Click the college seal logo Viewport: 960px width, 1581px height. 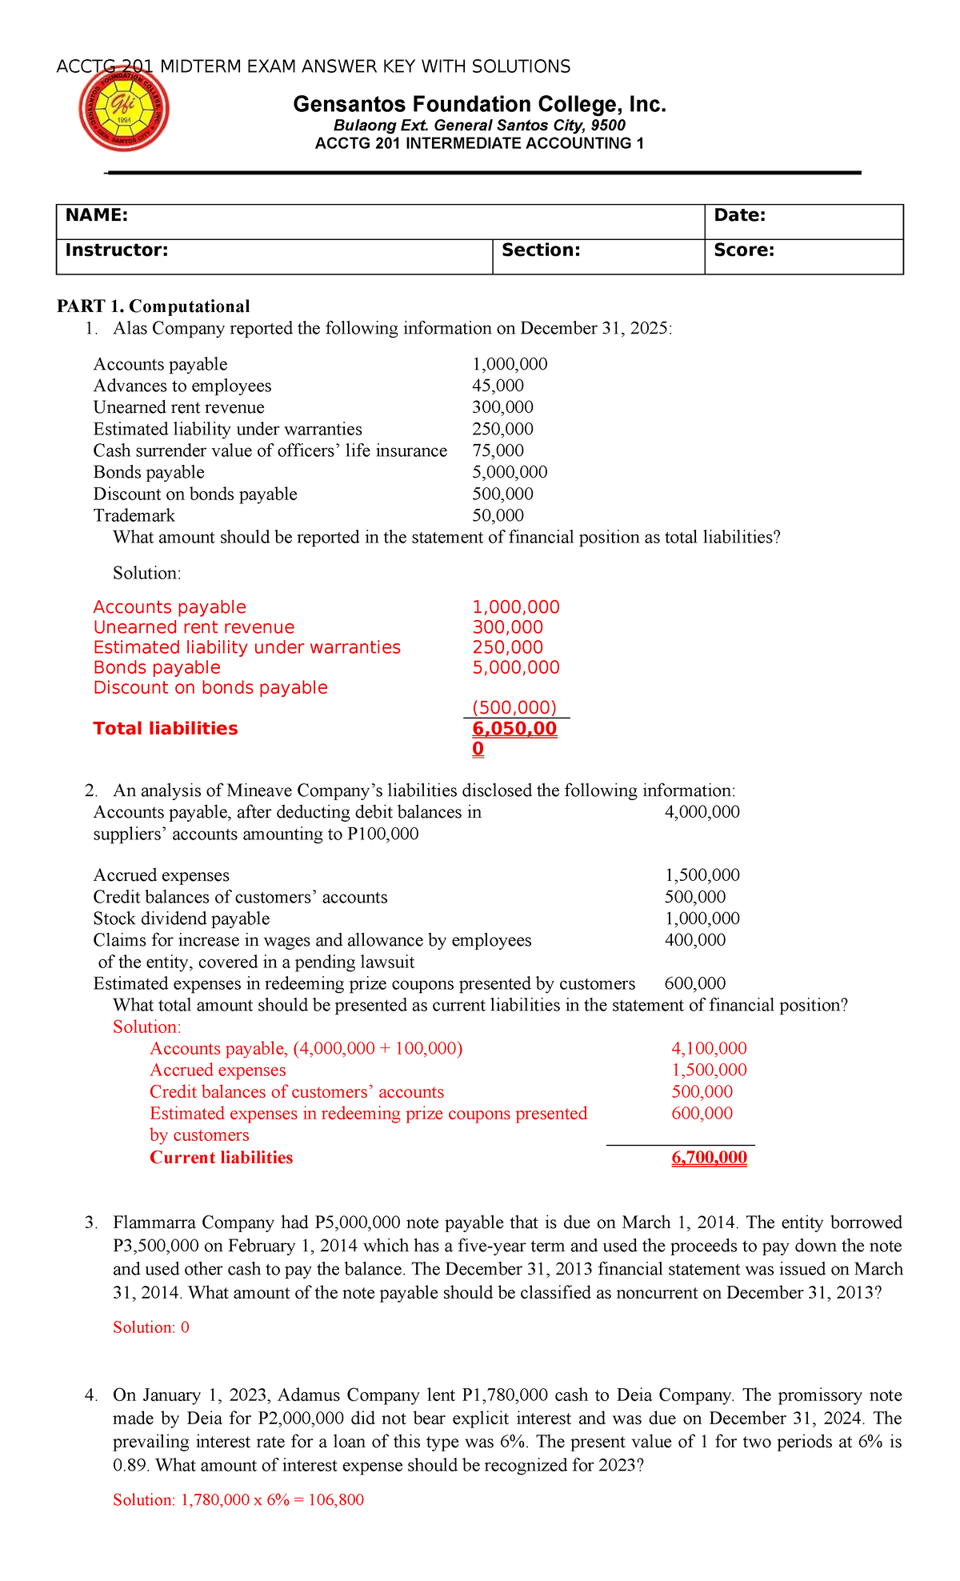tap(124, 110)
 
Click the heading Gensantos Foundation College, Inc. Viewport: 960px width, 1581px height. tap(479, 104)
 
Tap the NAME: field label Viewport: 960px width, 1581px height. tap(96, 215)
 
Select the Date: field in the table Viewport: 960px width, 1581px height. tap(739, 215)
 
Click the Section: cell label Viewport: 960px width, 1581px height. tap(541, 250)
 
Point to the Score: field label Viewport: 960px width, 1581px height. tap(743, 250)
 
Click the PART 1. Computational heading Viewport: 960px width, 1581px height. tap(153, 306)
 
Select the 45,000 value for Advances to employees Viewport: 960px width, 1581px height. tap(498, 386)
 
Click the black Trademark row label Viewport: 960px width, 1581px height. tap(134, 515)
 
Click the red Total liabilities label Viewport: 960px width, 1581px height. tap(166, 728)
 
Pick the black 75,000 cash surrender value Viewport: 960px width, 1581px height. tap(498, 450)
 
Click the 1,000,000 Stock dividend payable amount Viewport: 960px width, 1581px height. tap(702, 919)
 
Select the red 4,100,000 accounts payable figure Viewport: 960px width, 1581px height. tap(709, 1048)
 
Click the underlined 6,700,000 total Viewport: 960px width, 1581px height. tap(709, 1158)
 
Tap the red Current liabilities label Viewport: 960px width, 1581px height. tap(221, 1158)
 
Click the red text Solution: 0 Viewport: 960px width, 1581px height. tap(151, 1327)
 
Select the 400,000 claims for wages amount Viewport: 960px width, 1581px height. tap(694, 940)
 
